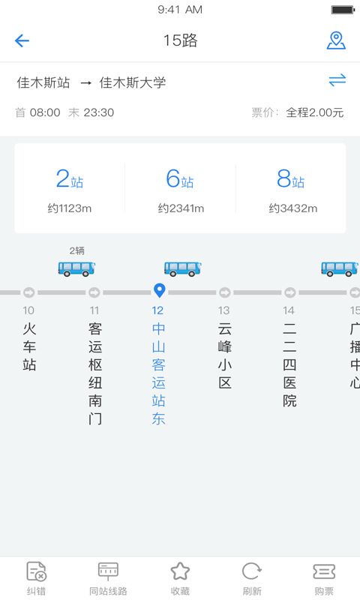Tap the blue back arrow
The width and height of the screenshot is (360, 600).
point(22,40)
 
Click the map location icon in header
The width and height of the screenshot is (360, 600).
point(336,40)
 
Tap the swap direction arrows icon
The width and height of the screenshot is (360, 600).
point(337,80)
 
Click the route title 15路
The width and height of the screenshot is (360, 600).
point(180,40)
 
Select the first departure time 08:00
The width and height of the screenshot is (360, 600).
point(45,112)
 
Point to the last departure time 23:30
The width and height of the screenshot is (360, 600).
point(99,112)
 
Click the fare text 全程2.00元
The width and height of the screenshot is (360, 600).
point(314,112)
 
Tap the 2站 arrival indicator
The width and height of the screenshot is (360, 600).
point(70,178)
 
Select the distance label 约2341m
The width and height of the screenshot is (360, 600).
point(181,208)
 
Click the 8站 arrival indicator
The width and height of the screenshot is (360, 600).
point(291,178)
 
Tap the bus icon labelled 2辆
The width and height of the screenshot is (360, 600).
point(76,268)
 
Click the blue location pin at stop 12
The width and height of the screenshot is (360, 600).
point(159,290)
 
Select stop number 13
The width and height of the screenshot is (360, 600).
point(223,310)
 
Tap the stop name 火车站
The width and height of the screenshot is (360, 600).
point(29,346)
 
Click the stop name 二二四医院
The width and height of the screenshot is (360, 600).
point(289,364)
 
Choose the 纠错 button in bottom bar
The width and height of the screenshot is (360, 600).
point(36,577)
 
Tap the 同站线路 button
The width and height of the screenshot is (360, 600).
point(108,577)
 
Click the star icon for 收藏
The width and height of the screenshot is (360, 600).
point(180,571)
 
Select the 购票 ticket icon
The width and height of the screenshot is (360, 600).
point(324,571)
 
